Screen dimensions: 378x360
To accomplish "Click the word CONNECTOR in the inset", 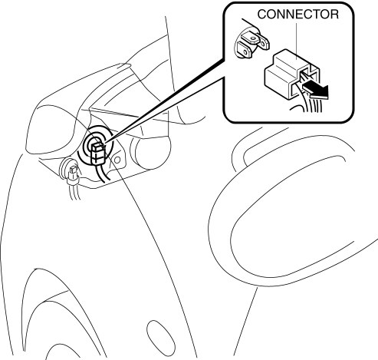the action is [x=298, y=15].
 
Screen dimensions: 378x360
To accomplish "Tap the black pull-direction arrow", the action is [x=315, y=91].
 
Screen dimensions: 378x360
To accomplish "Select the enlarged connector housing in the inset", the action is [x=291, y=74].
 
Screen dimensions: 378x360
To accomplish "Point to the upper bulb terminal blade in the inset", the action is [x=255, y=40].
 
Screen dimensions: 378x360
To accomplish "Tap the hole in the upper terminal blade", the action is [x=253, y=38].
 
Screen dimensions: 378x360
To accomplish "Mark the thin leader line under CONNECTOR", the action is [x=297, y=41].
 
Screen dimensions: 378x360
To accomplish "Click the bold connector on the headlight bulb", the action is [x=97, y=153].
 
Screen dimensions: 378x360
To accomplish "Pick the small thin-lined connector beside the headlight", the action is [x=73, y=174].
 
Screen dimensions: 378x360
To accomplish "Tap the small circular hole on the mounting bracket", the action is [x=117, y=160].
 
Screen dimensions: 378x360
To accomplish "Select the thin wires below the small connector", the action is [x=74, y=192].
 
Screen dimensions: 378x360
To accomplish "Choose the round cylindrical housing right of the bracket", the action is [x=150, y=153].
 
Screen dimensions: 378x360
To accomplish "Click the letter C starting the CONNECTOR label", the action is [x=261, y=15].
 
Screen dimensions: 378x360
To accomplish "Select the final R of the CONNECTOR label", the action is [x=334, y=15].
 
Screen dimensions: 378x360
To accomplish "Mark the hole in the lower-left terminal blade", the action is [x=245, y=52].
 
